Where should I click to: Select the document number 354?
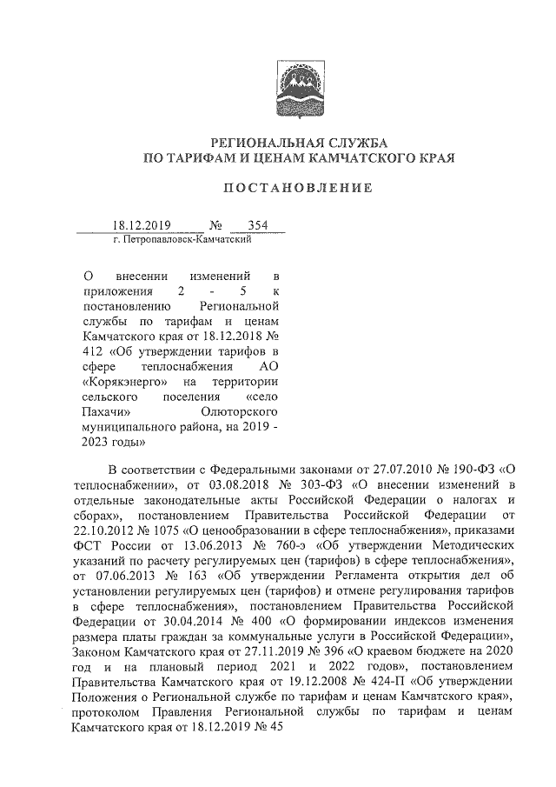257,225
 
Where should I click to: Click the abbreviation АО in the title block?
268,366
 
